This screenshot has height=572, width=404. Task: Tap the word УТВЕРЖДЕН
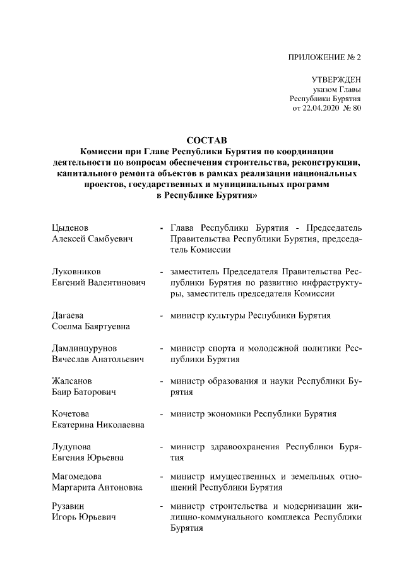point(336,80)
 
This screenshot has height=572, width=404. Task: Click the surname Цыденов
point(69,228)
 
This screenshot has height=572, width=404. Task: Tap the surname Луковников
point(76,272)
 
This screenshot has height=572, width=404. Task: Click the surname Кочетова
point(71,414)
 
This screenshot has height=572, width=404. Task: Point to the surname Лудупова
point(72,447)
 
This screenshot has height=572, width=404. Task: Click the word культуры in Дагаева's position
point(223,315)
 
